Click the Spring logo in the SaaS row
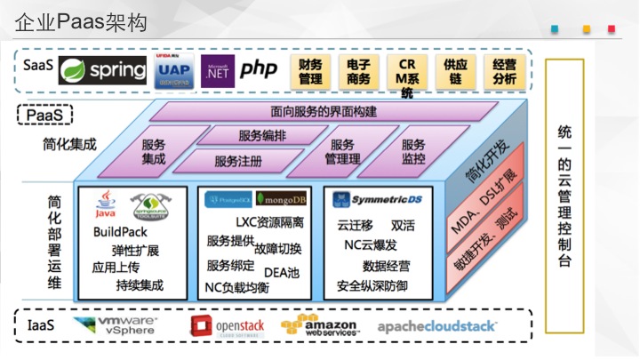click(x=102, y=69)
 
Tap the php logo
click(x=259, y=68)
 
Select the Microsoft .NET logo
click(x=216, y=68)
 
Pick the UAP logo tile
click(x=172, y=69)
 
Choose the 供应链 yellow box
click(x=456, y=71)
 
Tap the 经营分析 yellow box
click(x=504, y=71)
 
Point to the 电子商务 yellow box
click(x=359, y=71)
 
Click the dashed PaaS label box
click(x=44, y=116)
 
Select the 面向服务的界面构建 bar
click(x=324, y=112)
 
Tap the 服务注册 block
click(x=238, y=162)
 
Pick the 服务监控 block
click(x=413, y=151)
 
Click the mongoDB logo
click(x=280, y=199)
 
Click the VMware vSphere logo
click(x=116, y=326)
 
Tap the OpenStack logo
click(x=228, y=326)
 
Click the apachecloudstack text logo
click(x=437, y=326)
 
